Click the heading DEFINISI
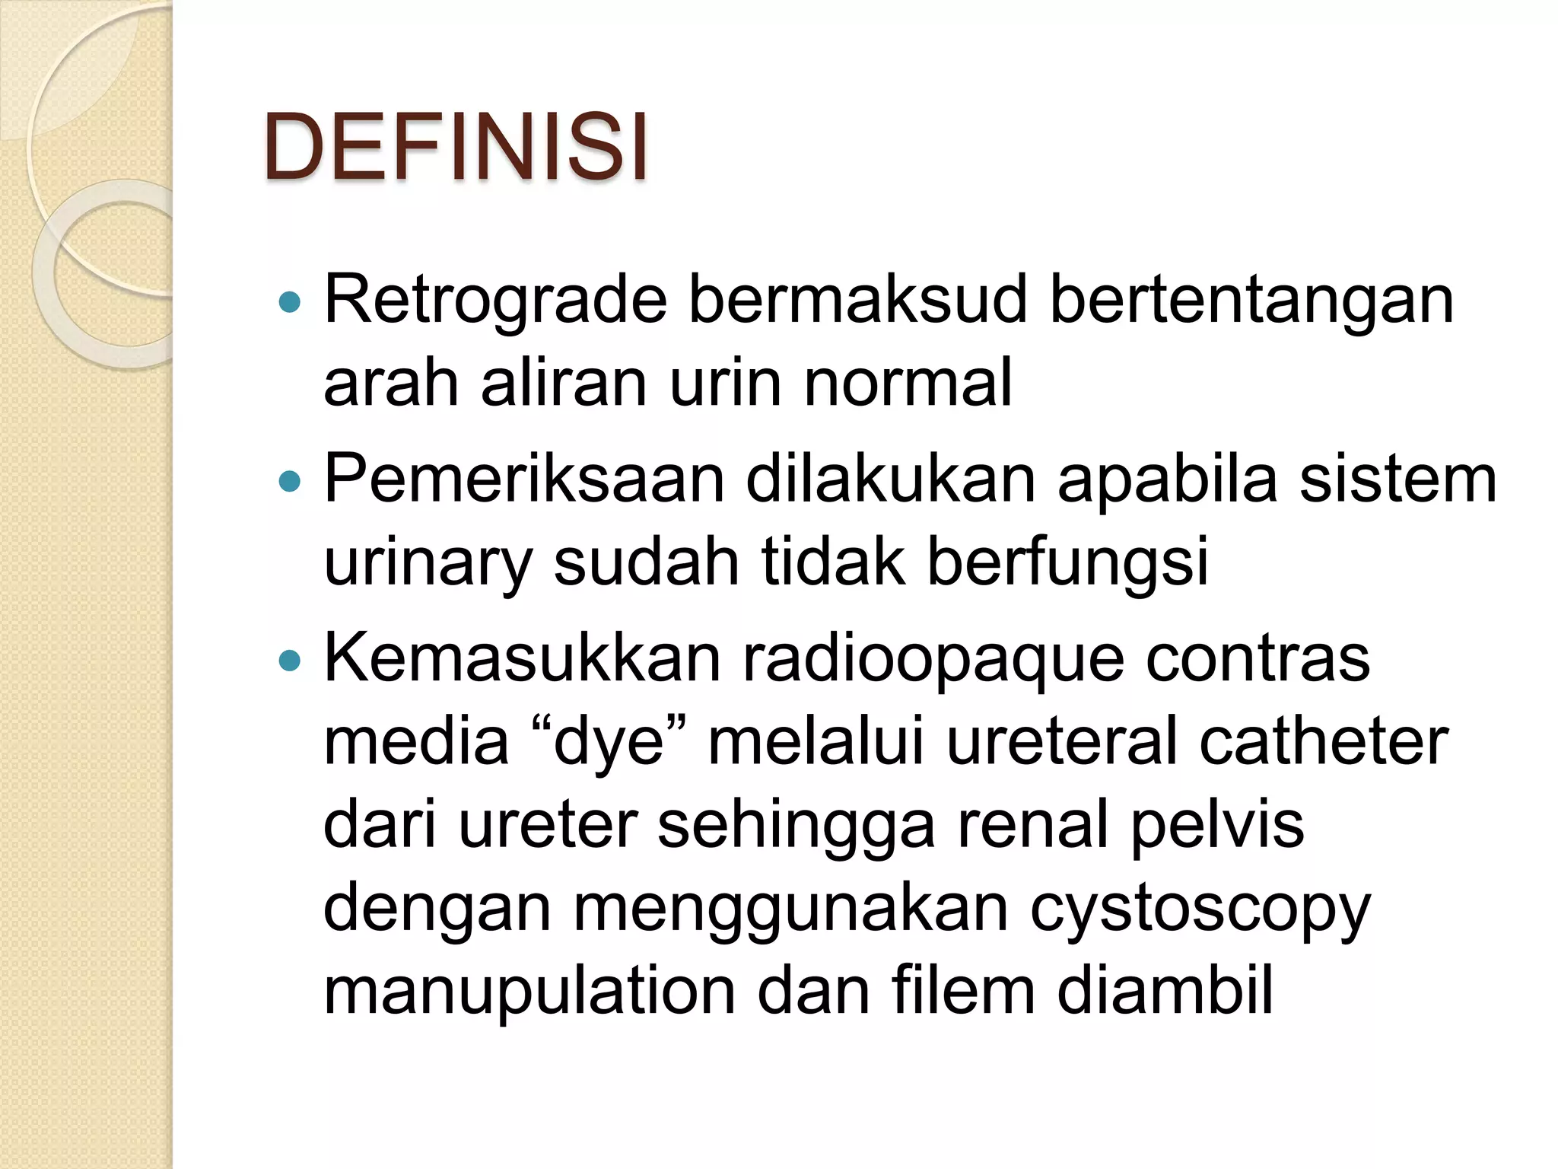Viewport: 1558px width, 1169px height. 456,147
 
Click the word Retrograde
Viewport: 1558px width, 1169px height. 495,300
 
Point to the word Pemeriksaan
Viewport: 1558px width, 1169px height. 524,479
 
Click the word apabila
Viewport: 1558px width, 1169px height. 1167,479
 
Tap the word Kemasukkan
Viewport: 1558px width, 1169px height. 522,658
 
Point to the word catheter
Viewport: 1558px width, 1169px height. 1324,742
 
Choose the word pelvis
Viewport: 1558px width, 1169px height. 1217,826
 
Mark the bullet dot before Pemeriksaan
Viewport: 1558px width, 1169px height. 290,482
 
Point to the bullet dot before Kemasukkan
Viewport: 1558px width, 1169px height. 290,661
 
